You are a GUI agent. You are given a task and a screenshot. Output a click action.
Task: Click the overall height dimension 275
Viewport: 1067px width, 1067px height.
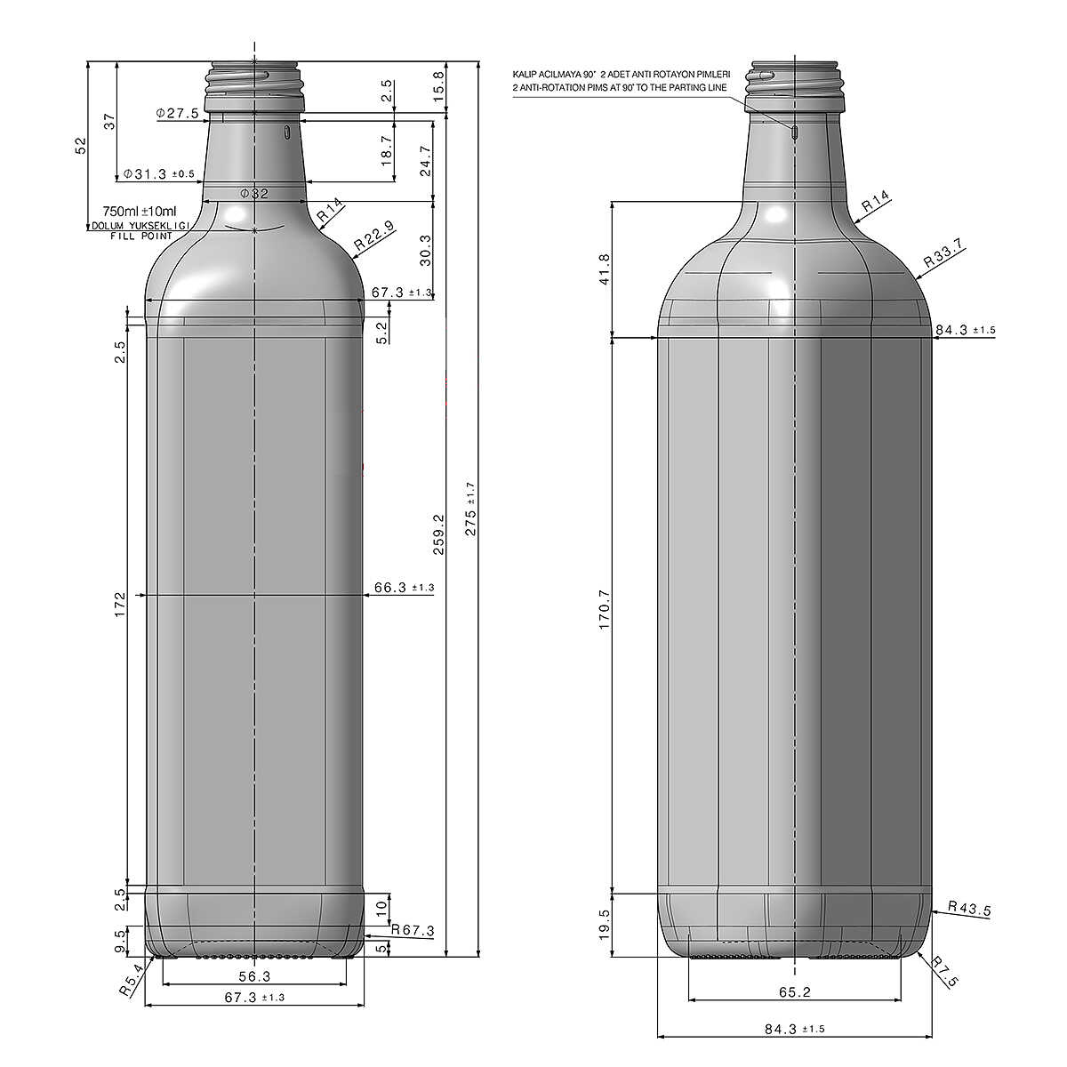tap(470, 509)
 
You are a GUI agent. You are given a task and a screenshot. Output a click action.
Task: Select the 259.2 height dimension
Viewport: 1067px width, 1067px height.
tap(438, 534)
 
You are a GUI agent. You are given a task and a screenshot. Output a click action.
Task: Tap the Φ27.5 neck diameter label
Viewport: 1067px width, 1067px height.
tap(177, 114)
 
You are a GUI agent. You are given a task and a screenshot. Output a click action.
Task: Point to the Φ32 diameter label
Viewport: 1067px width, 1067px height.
tap(254, 194)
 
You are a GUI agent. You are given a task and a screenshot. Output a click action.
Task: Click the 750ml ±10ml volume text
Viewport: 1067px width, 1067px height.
tap(140, 211)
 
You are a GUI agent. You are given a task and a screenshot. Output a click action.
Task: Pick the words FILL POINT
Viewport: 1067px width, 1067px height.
tap(141, 236)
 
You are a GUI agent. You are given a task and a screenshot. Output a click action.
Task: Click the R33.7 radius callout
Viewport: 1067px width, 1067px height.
tap(943, 253)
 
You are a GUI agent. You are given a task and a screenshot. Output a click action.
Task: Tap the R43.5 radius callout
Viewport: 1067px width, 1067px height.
tap(969, 909)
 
